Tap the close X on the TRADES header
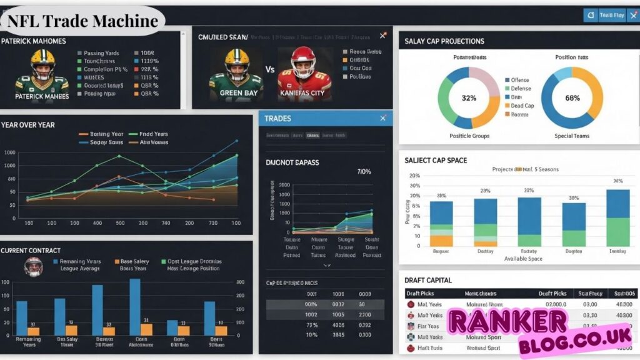pos(383,118)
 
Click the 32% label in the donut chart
pos(469,98)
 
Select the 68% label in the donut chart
pos(572,98)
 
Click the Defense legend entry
pos(521,89)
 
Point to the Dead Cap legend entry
pos(522,106)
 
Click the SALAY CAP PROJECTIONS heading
pos(444,41)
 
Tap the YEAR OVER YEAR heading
pos(28,125)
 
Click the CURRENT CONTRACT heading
pos(31,251)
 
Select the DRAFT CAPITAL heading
pos(428,280)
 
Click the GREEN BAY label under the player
pos(237,93)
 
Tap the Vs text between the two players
pos(270,70)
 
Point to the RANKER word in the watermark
pos(507,321)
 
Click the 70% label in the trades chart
pos(364,171)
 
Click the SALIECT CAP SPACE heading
pos(436,161)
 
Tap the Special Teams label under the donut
pos(572,136)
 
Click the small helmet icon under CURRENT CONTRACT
pos(33,266)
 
